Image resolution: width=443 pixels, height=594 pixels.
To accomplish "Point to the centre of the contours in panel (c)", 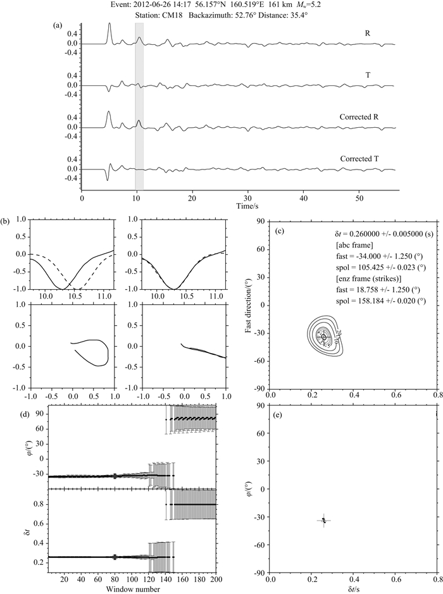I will pos(324,337).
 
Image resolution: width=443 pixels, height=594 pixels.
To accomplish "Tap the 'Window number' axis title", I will pos(138,588).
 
